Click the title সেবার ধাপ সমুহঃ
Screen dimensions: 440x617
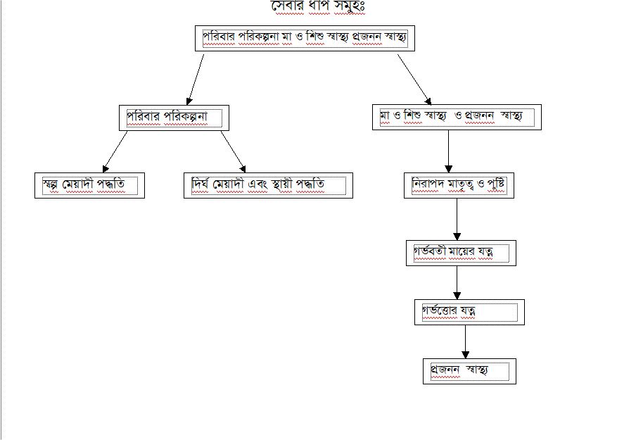(319, 8)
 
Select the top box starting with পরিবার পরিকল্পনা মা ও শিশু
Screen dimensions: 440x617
(304, 37)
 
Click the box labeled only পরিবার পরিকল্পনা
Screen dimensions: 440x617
(174, 118)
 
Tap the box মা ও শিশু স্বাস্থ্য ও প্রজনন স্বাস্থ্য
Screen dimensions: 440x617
(457, 117)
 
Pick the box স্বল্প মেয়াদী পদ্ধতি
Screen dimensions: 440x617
(89, 185)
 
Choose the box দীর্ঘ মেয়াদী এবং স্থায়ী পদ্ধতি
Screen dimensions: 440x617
(267, 185)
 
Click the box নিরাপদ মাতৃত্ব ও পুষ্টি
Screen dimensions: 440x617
(459, 185)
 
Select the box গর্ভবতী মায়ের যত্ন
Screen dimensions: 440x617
(461, 253)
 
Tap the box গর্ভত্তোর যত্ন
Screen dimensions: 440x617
(469, 312)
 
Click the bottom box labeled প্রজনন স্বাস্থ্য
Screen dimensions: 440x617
(469, 371)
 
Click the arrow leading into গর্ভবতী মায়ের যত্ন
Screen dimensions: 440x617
(457, 220)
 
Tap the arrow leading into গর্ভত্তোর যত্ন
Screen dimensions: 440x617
(457, 283)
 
